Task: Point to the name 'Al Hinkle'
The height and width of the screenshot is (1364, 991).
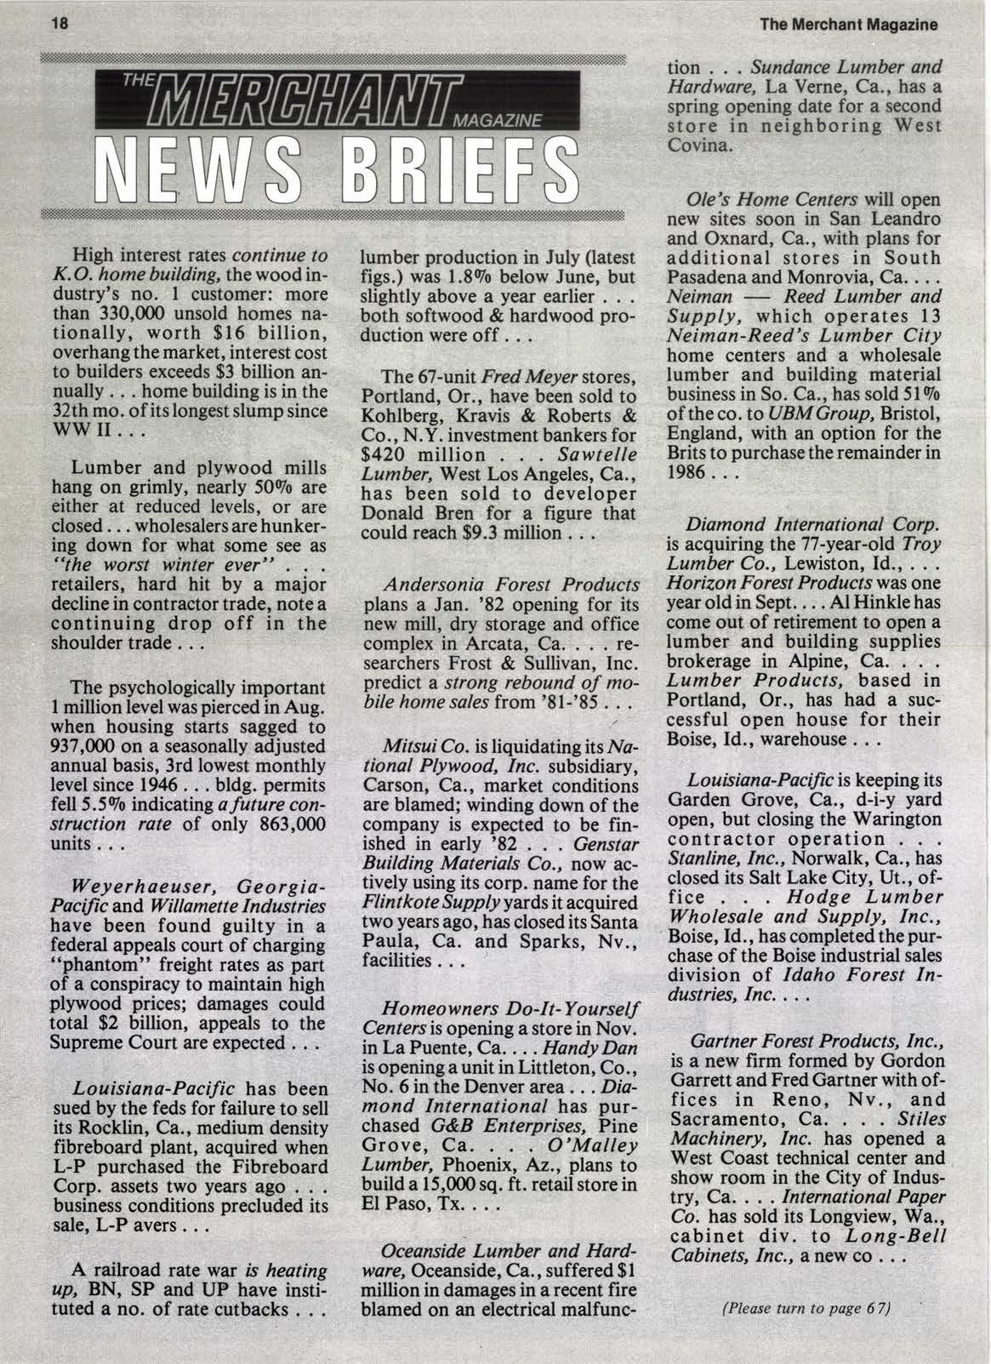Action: tap(893, 600)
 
